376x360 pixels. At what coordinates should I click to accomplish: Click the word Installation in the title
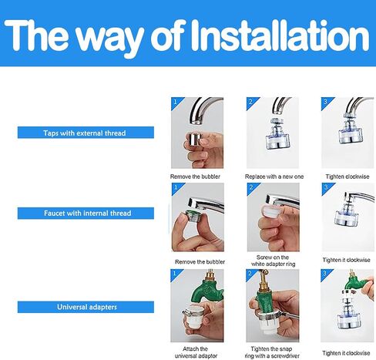(x=279, y=35)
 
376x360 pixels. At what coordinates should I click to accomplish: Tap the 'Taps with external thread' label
(x=86, y=133)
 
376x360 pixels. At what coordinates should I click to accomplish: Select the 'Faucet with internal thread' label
(x=86, y=214)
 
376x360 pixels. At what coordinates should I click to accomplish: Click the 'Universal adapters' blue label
(x=86, y=307)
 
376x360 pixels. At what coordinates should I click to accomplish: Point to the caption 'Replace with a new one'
(x=274, y=177)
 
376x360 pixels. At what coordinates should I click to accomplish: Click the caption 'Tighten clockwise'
(x=347, y=177)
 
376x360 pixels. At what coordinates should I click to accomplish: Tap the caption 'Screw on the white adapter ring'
(x=273, y=261)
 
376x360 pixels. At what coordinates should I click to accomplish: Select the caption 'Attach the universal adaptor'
(x=196, y=352)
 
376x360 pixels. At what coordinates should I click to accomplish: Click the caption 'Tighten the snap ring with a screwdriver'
(x=272, y=352)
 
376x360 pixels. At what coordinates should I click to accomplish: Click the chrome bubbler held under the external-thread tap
(x=195, y=140)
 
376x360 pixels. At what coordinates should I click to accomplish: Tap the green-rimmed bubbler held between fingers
(x=193, y=216)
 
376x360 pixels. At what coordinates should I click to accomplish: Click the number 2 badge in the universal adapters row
(x=250, y=274)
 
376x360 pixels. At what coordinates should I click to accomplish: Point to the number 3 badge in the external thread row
(x=325, y=102)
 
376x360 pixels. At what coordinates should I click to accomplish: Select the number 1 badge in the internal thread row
(x=176, y=187)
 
